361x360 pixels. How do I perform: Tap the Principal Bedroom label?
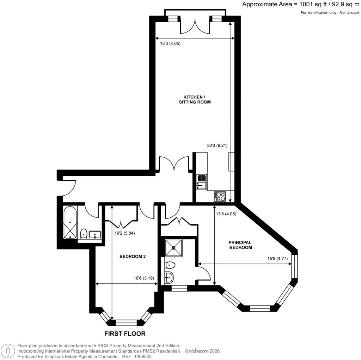pyautogui.click(x=240, y=245)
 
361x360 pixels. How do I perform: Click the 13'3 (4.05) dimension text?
pyautogui.click(x=170, y=44)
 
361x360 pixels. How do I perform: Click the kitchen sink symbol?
pyautogui.click(x=202, y=181)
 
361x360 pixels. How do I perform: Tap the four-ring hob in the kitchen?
pyautogui.click(x=219, y=196)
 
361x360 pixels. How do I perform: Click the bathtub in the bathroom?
pyautogui.click(x=71, y=223)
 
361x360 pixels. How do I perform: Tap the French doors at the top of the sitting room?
pyautogui.click(x=194, y=26)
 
